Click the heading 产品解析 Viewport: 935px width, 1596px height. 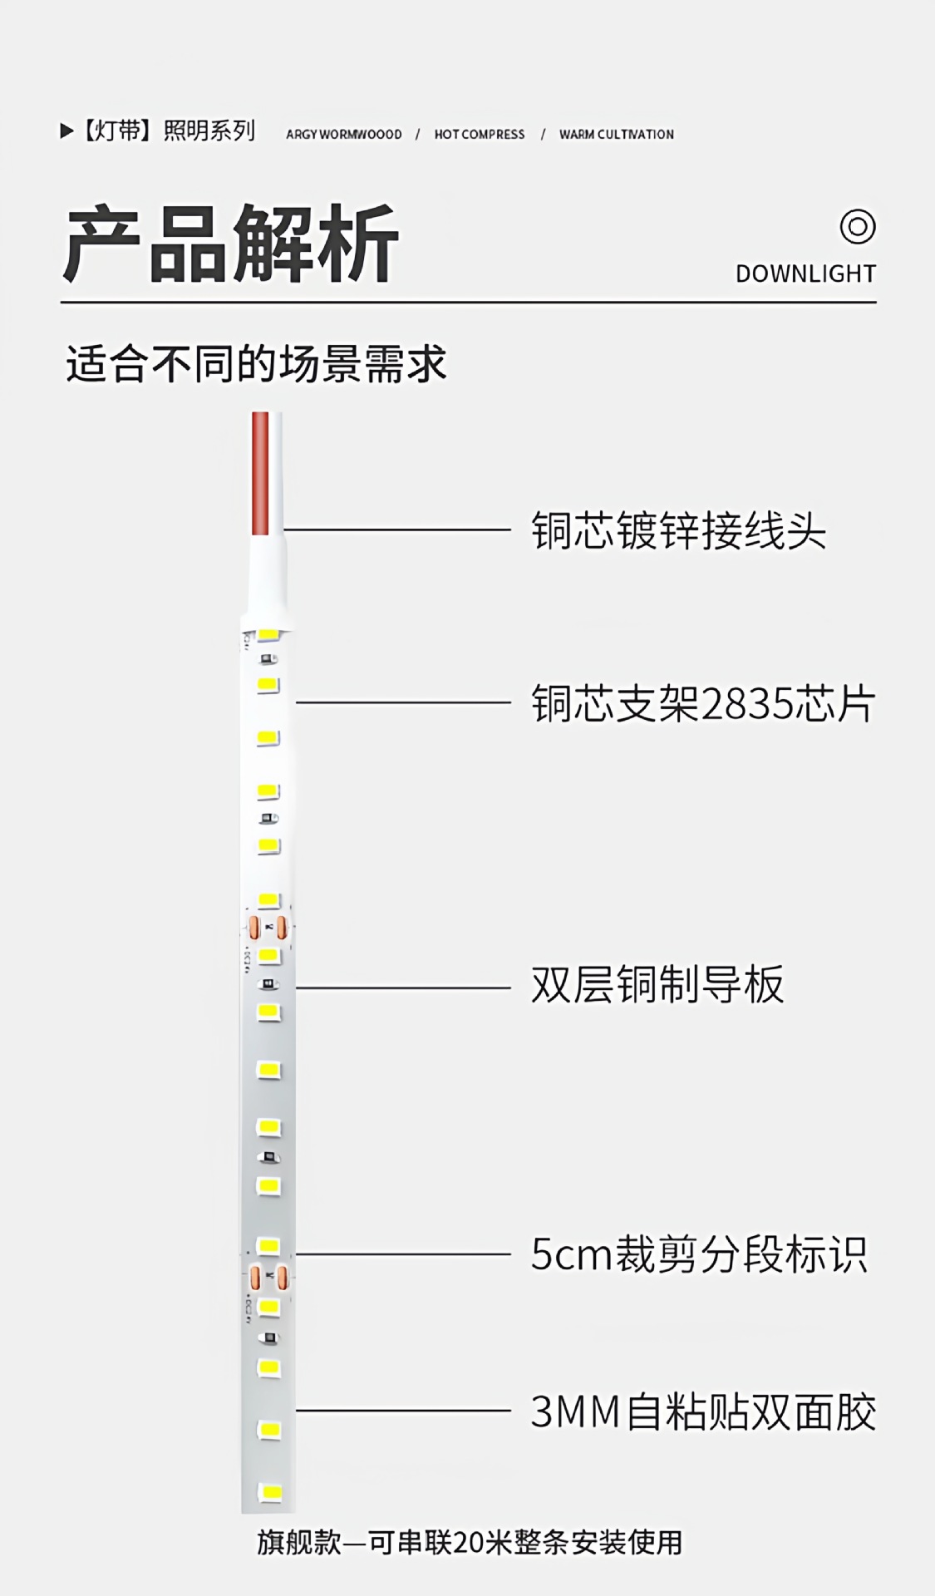(231, 244)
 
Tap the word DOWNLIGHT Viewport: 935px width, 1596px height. (805, 273)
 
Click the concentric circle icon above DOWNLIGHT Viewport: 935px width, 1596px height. (857, 226)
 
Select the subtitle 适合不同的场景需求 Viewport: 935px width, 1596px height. (256, 364)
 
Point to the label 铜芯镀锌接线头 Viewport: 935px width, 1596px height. (678, 530)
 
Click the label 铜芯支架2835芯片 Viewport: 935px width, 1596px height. (703, 704)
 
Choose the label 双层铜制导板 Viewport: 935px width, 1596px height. (657, 985)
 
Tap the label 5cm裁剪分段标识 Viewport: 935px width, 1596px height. (699, 1254)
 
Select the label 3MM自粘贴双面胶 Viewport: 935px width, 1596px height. (703, 1411)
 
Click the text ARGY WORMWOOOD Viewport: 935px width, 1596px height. (343, 135)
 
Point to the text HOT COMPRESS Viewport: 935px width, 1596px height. (480, 135)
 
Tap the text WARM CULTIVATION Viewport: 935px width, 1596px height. (616, 135)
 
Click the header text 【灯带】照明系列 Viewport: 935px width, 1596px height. (167, 131)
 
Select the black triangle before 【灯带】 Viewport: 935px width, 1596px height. (66, 131)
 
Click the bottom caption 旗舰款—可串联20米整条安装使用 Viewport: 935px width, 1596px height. (470, 1543)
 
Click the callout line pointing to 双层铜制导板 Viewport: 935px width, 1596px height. (403, 988)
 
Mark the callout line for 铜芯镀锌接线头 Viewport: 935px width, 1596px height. (397, 530)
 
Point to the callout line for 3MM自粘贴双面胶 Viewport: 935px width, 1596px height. (403, 1410)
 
